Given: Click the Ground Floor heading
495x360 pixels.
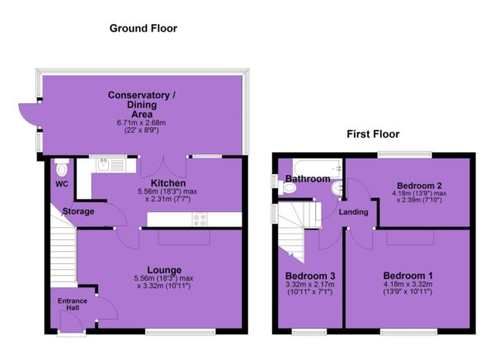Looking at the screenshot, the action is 144,28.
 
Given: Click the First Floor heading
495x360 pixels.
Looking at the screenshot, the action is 373,134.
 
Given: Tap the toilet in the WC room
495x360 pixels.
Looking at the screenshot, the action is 62,168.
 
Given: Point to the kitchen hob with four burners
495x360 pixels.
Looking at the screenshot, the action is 200,220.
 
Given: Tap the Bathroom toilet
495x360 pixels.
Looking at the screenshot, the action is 286,187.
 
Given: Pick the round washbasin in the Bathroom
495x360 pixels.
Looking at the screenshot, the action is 337,189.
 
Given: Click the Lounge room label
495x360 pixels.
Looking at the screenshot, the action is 164,270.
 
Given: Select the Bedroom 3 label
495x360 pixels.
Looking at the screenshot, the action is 310,276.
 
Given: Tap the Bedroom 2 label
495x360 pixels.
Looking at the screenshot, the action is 419,186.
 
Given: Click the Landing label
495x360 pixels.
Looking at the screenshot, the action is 354,212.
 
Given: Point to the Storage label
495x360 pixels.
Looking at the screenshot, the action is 78,211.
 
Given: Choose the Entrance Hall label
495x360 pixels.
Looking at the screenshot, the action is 73,304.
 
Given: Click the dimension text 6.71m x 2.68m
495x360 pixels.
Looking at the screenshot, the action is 141,123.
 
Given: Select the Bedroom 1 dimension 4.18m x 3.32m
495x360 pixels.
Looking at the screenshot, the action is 408,284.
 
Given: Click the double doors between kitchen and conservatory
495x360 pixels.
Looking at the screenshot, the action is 163,167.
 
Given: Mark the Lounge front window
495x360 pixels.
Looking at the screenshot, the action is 180,332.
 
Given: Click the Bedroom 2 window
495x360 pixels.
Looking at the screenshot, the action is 405,155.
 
